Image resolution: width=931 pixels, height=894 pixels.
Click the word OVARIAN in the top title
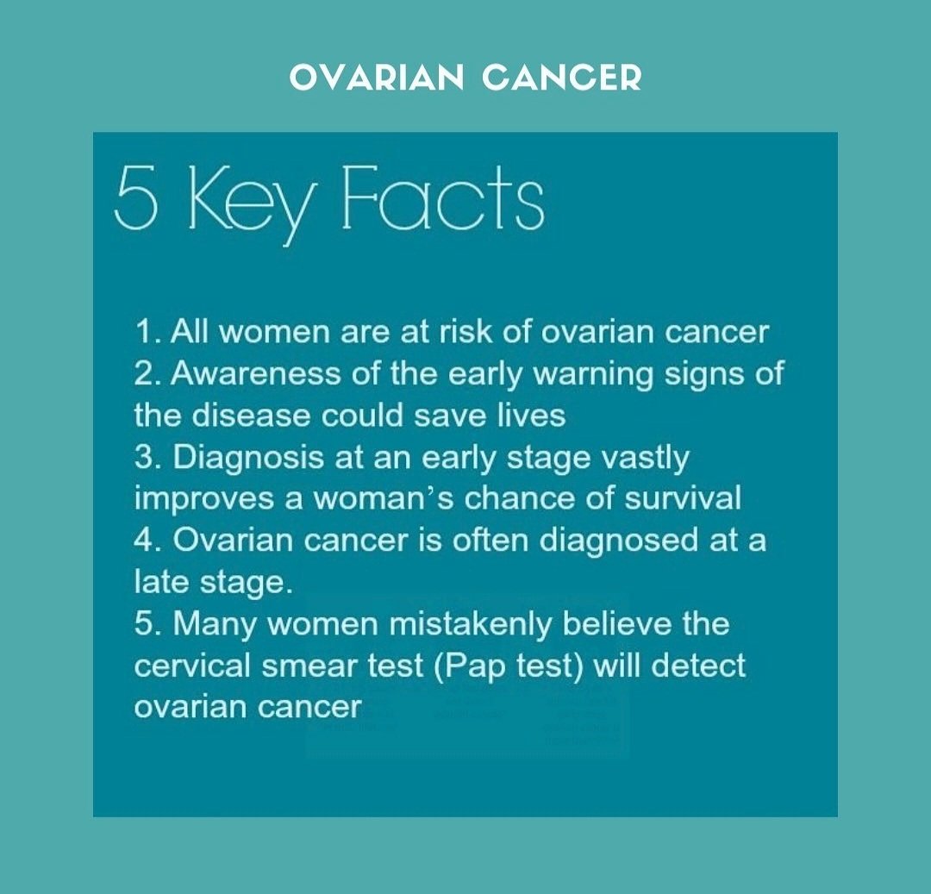(x=377, y=78)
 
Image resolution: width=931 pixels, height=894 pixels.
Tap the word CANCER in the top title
(x=562, y=78)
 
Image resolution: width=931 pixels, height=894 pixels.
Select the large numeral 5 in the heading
(x=136, y=198)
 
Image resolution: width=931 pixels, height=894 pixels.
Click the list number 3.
(x=146, y=457)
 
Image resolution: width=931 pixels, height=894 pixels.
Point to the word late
(x=162, y=582)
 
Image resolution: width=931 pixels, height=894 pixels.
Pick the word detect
(x=698, y=666)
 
